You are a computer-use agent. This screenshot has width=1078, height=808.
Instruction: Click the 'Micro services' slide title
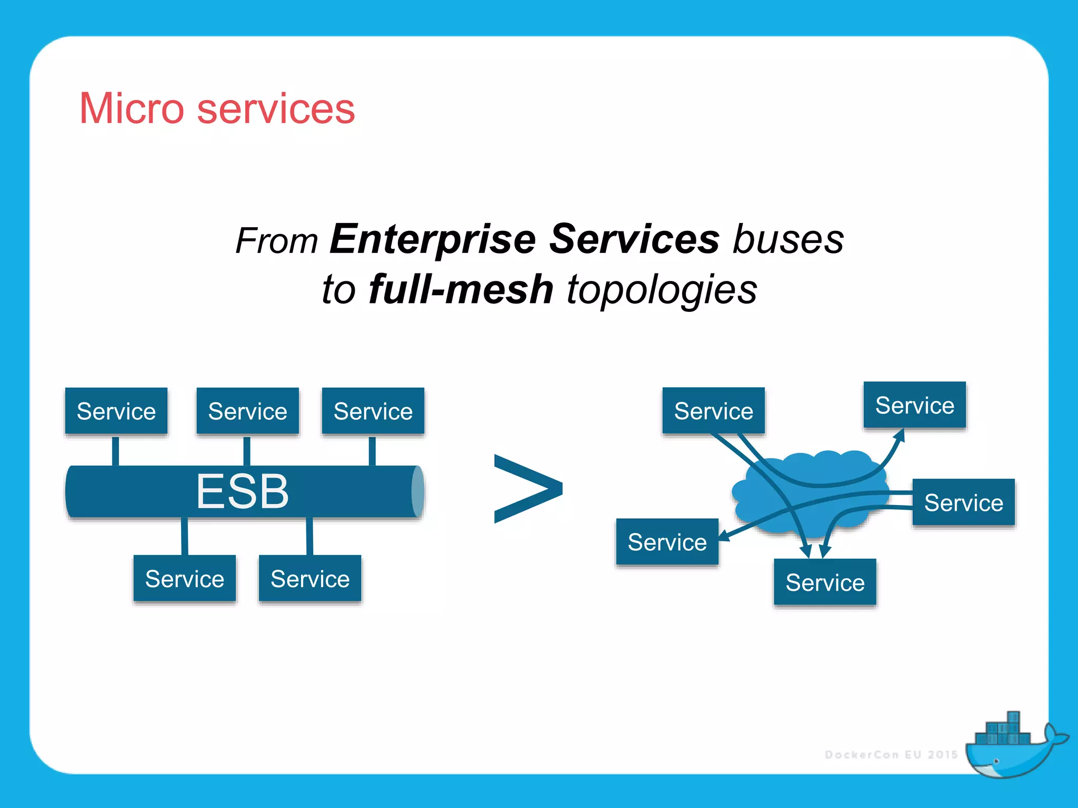pyautogui.click(x=217, y=109)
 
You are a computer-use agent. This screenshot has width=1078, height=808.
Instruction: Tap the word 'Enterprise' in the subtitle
pyautogui.click(x=433, y=239)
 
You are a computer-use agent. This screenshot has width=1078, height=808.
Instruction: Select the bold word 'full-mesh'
pyautogui.click(x=461, y=289)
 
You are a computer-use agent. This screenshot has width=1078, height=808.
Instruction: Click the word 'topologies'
pyautogui.click(x=662, y=290)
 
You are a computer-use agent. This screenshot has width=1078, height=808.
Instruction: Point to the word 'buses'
pyautogui.click(x=788, y=239)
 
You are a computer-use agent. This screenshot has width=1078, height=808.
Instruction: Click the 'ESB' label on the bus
pyautogui.click(x=243, y=491)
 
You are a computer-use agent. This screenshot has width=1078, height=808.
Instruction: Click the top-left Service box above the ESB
pyautogui.click(x=116, y=411)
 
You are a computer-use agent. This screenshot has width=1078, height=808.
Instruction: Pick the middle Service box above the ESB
pyautogui.click(x=247, y=411)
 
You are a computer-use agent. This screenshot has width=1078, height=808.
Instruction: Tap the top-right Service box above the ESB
pyautogui.click(x=373, y=411)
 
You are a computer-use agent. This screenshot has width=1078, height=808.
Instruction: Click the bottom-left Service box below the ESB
pyautogui.click(x=184, y=578)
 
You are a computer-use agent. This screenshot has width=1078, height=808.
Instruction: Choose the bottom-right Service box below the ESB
pyautogui.click(x=310, y=578)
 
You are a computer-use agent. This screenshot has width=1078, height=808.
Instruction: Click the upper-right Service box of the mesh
pyautogui.click(x=914, y=405)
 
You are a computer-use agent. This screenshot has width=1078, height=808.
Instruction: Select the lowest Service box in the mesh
pyautogui.click(x=825, y=582)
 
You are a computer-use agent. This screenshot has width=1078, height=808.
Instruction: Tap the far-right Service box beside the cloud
pyautogui.click(x=963, y=502)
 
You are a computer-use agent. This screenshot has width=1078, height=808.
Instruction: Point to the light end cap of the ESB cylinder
pyautogui.click(x=417, y=491)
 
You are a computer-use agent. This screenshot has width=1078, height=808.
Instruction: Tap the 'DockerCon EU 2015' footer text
pyautogui.click(x=891, y=755)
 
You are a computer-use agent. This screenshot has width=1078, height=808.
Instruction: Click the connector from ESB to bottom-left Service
pyautogui.click(x=185, y=536)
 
